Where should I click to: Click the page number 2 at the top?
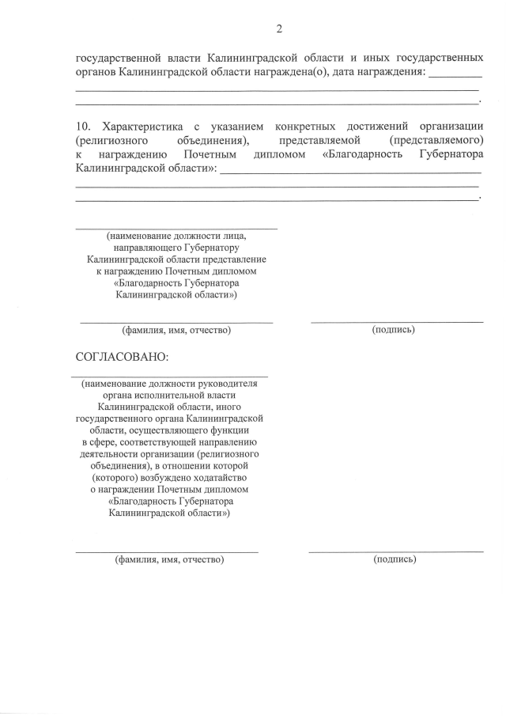(x=279, y=29)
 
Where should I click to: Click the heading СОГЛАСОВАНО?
(x=122, y=357)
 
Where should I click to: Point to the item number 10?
(x=84, y=127)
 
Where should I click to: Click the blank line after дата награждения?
(x=456, y=74)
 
